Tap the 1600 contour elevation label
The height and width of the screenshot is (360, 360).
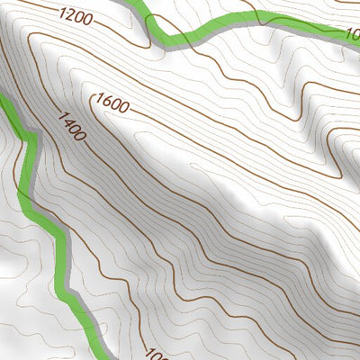point(112,103)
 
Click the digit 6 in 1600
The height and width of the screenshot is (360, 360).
point(104,102)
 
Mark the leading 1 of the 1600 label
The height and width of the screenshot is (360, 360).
point(96,99)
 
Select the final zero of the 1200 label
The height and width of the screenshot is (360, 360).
point(91,17)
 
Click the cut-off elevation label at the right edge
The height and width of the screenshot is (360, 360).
point(353,36)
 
